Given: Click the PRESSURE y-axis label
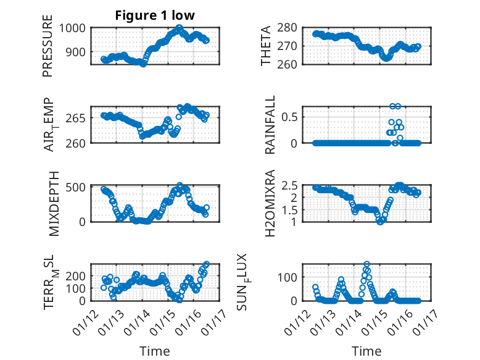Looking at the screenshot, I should pyautogui.click(x=48, y=51).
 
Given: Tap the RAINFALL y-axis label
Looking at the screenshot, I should pyautogui.click(x=270, y=125).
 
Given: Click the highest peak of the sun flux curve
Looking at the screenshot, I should pyautogui.click(x=367, y=264).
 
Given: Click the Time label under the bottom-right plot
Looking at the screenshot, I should pyautogui.click(x=366, y=351).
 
